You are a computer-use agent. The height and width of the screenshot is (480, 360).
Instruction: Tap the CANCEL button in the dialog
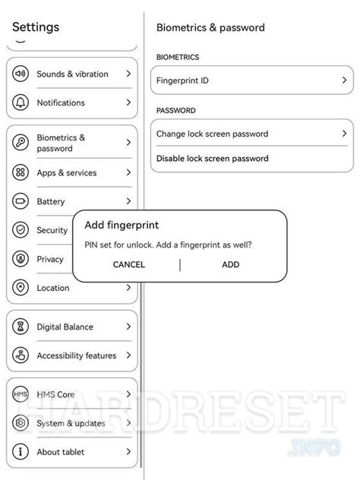128,264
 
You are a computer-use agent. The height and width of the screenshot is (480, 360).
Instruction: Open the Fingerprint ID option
251,80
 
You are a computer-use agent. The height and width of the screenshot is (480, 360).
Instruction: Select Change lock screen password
251,134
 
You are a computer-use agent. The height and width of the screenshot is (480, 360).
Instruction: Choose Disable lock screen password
212,159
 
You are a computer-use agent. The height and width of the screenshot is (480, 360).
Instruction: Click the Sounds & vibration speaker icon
21,74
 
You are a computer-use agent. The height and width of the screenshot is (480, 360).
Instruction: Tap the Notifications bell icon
21,103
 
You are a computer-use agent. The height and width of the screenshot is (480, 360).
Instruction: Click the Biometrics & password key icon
21,143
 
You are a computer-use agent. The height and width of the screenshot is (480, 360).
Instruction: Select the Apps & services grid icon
21,173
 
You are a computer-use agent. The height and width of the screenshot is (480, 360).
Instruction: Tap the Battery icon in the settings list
21,202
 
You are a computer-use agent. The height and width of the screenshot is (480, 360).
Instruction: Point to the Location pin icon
21,288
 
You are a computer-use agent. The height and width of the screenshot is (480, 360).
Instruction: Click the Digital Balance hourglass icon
21,327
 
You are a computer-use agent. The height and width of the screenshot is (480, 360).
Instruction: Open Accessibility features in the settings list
76,355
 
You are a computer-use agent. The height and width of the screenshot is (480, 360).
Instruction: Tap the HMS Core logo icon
21,395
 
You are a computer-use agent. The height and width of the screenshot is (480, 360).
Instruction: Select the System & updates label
71,423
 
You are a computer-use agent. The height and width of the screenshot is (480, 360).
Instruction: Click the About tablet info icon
21,452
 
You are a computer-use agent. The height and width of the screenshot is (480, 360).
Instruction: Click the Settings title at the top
36,27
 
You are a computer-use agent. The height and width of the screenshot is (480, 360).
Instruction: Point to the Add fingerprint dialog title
122,226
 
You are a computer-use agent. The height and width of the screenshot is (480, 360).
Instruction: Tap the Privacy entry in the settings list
50,259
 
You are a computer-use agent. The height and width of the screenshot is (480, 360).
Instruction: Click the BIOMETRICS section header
178,57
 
